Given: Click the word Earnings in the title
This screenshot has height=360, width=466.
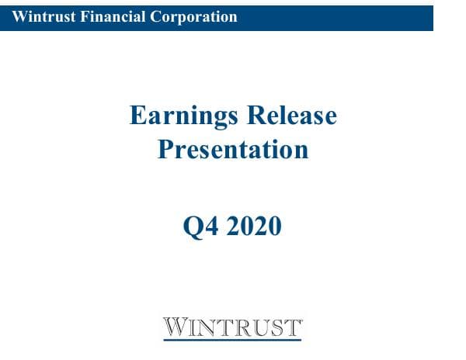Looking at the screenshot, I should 183,116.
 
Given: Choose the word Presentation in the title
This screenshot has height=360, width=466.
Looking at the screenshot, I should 233,149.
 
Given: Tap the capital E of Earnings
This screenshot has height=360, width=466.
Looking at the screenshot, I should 137,116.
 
